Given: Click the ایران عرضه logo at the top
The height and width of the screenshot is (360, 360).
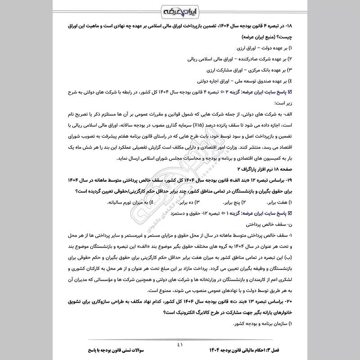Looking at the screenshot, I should (180, 10).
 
